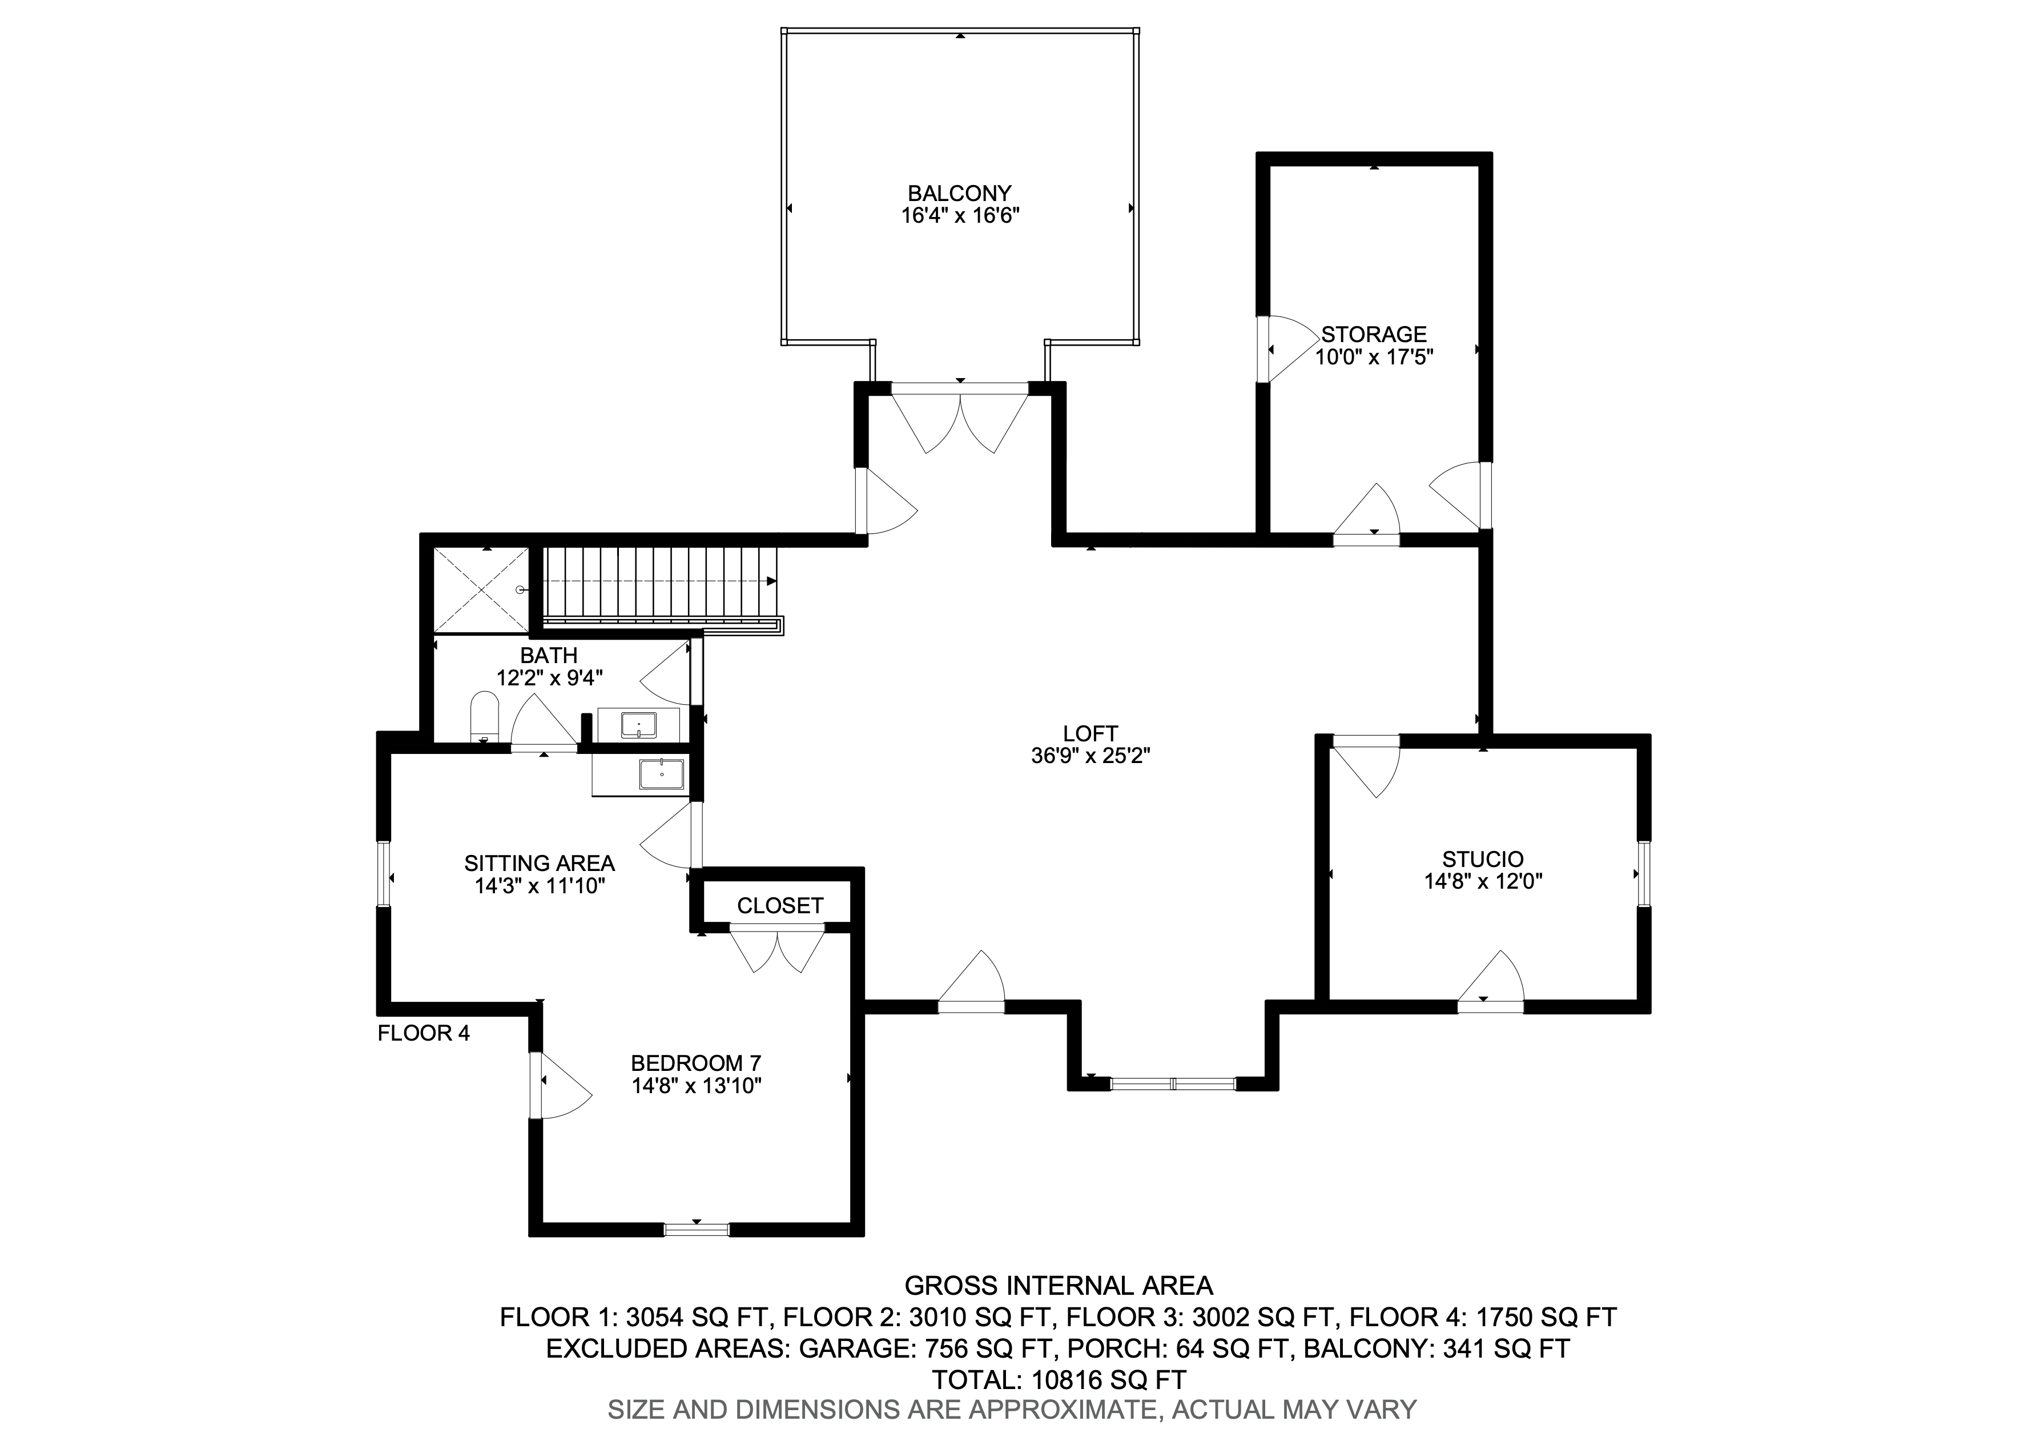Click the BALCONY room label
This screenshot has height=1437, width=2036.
pyautogui.click(x=959, y=194)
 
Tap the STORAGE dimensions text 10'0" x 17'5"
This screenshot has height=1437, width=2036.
pyautogui.click(x=1374, y=358)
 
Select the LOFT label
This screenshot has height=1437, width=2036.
pyautogui.click(x=1091, y=733)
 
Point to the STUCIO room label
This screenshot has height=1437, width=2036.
pyautogui.click(x=1483, y=858)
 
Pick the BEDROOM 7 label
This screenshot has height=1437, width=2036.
pyautogui.click(x=696, y=1063)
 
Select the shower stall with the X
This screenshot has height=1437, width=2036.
pyautogui.click(x=480, y=590)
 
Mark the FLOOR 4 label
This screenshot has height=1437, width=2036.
pyautogui.click(x=424, y=1033)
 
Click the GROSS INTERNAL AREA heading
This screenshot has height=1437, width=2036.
pyautogui.click(x=1059, y=1285)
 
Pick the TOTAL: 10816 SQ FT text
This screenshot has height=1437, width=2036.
pyautogui.click(x=1059, y=1379)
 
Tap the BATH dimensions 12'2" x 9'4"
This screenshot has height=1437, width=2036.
pyautogui.click(x=550, y=678)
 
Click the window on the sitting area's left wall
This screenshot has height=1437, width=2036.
pyautogui.click(x=384, y=874)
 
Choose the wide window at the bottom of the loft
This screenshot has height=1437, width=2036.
pyautogui.click(x=1172, y=1083)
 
